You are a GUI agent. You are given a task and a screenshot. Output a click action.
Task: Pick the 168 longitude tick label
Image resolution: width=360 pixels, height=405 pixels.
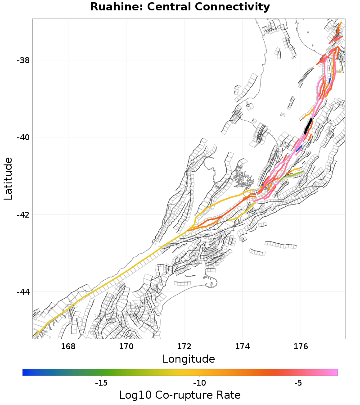(x=68, y=346)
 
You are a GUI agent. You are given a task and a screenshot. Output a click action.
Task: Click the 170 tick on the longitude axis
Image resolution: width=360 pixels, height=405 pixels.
(x=126, y=346)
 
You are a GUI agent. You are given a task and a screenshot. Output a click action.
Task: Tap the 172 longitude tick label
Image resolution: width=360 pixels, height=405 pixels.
(x=184, y=346)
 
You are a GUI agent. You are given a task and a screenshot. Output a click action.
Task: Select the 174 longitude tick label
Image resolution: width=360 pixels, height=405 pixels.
(x=242, y=346)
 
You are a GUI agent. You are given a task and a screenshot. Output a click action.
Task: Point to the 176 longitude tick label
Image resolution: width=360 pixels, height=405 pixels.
(x=300, y=346)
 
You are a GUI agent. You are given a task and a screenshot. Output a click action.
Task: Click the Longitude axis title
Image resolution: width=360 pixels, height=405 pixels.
(x=189, y=359)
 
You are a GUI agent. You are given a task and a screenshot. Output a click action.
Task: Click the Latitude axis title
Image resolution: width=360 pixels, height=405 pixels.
(x=8, y=178)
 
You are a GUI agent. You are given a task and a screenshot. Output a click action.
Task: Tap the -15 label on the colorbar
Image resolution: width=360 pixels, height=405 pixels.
(x=101, y=383)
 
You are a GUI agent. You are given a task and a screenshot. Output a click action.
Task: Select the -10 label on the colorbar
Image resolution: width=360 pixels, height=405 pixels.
(x=199, y=383)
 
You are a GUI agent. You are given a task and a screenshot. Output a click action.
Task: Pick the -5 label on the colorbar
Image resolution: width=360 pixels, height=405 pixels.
(x=297, y=383)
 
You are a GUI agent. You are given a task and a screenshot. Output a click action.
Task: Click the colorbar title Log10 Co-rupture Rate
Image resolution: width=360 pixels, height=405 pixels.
(x=180, y=395)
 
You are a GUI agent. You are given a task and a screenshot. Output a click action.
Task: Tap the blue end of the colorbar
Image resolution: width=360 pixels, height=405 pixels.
(x=25, y=372)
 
